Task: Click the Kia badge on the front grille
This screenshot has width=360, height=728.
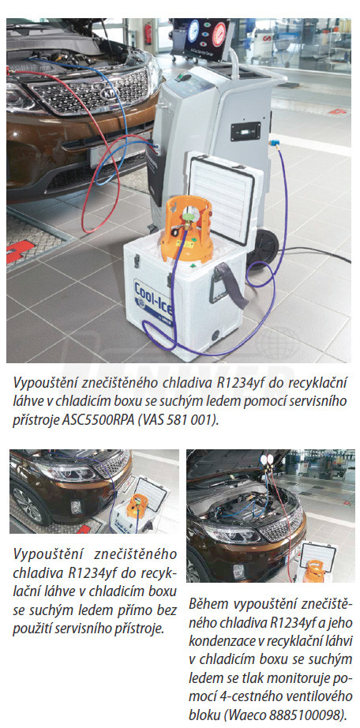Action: click(x=109, y=92)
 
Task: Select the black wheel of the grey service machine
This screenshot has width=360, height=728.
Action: click(x=262, y=246)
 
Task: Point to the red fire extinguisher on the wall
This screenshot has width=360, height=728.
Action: click(x=148, y=34)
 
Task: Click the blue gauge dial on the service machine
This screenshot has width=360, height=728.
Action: click(x=193, y=31)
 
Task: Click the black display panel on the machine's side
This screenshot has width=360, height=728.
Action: click(x=246, y=131)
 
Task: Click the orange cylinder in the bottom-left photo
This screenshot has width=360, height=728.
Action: click(x=137, y=507)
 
